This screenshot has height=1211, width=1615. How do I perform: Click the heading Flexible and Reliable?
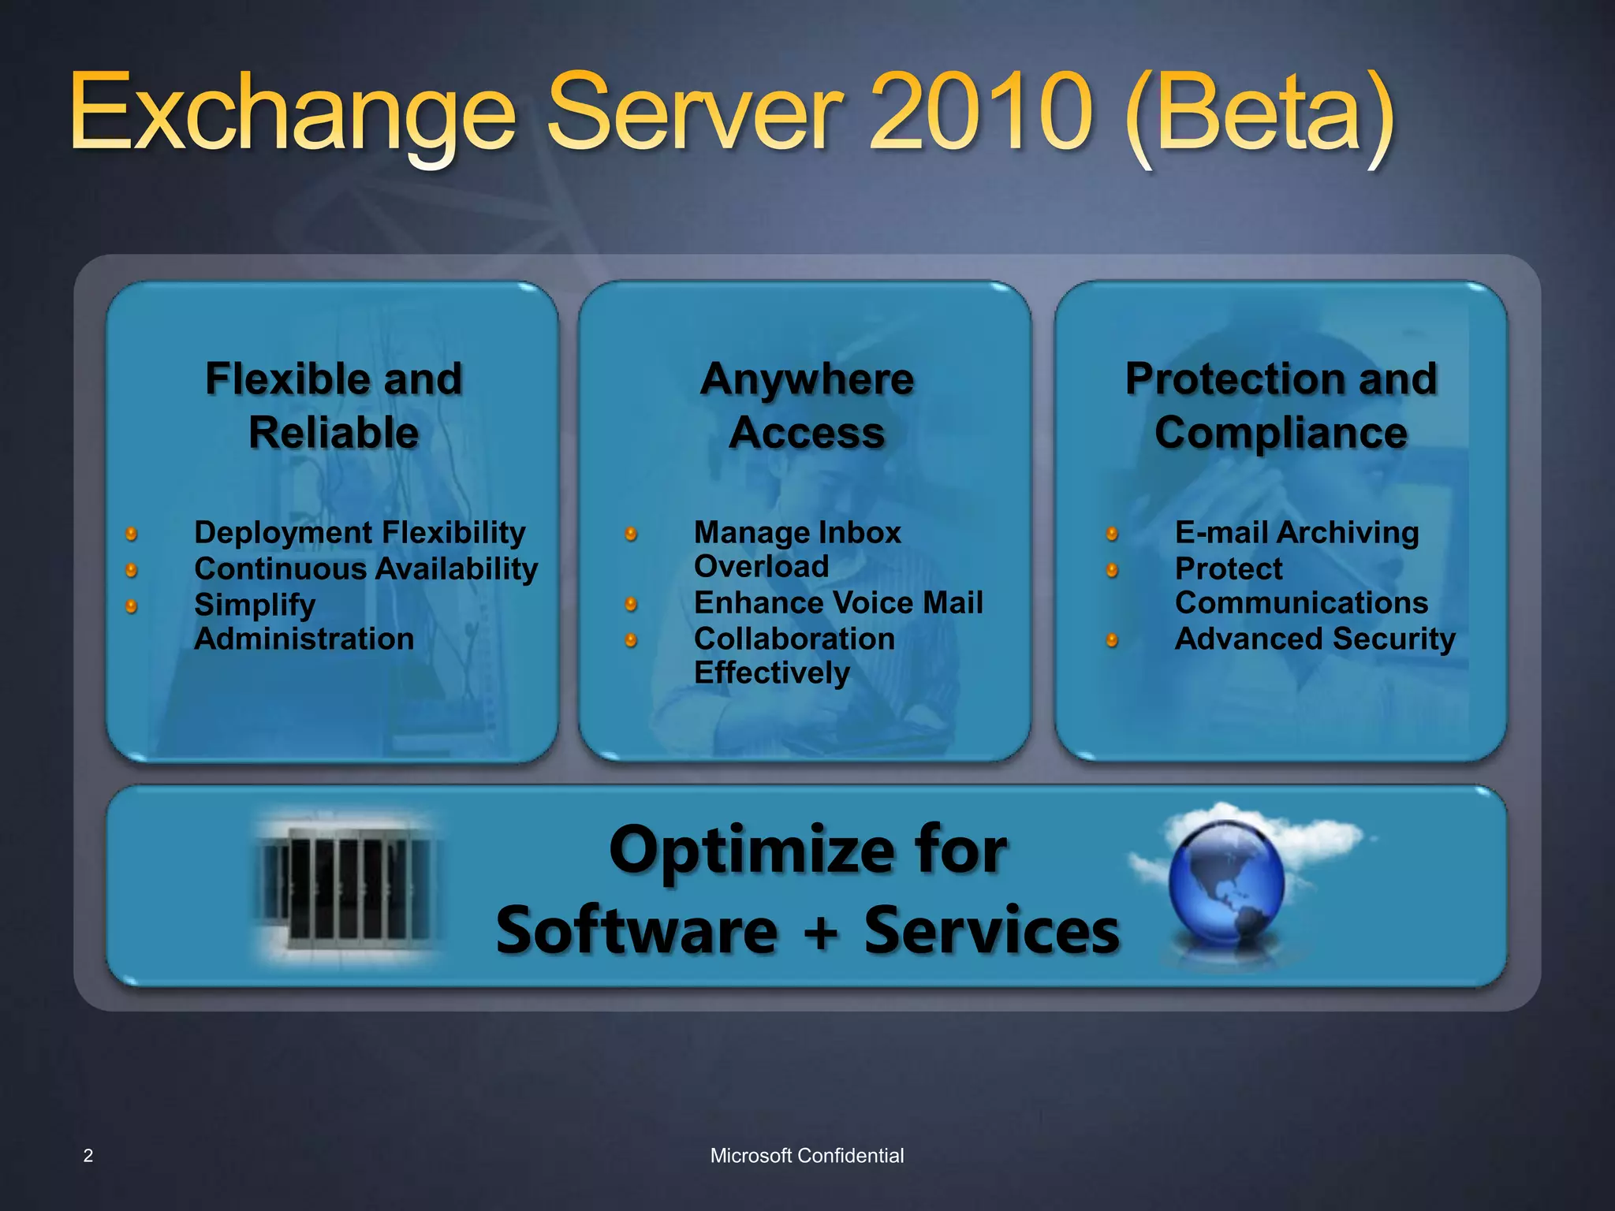[334, 405]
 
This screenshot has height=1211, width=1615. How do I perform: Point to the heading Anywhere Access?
[807, 405]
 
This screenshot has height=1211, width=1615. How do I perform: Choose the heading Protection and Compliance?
[1281, 405]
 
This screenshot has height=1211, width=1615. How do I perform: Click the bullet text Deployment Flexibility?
[360, 533]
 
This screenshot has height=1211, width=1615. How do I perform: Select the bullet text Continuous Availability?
[366, 569]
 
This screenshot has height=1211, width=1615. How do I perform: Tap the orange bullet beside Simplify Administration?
[132, 605]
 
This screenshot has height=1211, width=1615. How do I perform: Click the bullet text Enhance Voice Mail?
[838, 603]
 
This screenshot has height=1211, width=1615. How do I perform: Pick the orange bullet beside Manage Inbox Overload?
[631, 534]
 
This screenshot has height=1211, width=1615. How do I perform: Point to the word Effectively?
[772, 673]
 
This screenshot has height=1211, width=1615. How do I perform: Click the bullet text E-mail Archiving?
[1296, 533]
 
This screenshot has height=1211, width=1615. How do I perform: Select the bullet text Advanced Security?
[1315, 639]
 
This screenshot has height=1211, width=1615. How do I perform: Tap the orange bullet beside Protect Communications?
[1112, 569]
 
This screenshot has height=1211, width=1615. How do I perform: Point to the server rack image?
[347, 887]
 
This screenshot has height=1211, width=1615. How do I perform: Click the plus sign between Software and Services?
[821, 933]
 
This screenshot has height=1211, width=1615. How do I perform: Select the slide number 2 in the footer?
[88, 1156]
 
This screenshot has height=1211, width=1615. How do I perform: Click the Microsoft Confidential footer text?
[807, 1156]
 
